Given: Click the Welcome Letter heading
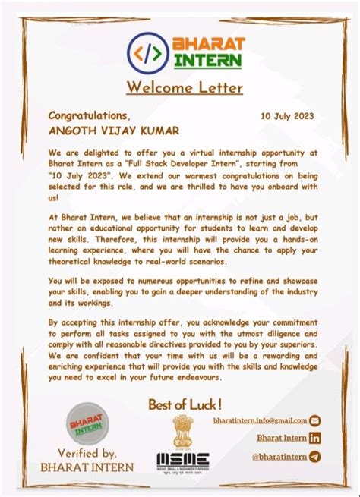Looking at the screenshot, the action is [x=185, y=87].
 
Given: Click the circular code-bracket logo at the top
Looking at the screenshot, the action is [x=147, y=52].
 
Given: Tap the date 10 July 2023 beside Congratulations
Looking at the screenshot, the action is [x=287, y=116].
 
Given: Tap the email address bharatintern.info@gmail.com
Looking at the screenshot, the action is [x=260, y=420].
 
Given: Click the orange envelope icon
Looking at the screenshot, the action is [x=315, y=420].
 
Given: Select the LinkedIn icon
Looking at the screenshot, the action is [x=315, y=438].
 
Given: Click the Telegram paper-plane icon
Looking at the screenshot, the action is [x=315, y=456].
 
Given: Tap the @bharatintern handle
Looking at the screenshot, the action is [x=279, y=456].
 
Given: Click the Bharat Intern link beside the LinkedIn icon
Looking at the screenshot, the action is [x=281, y=438].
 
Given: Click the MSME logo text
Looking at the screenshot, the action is [x=185, y=458].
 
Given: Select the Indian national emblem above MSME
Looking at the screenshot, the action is [x=185, y=429].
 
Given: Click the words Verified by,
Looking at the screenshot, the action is [x=86, y=454].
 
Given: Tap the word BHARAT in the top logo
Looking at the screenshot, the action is [x=198, y=43].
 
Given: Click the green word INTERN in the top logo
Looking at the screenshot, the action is [x=207, y=60].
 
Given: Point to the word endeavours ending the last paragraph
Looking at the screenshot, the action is [x=196, y=377].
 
